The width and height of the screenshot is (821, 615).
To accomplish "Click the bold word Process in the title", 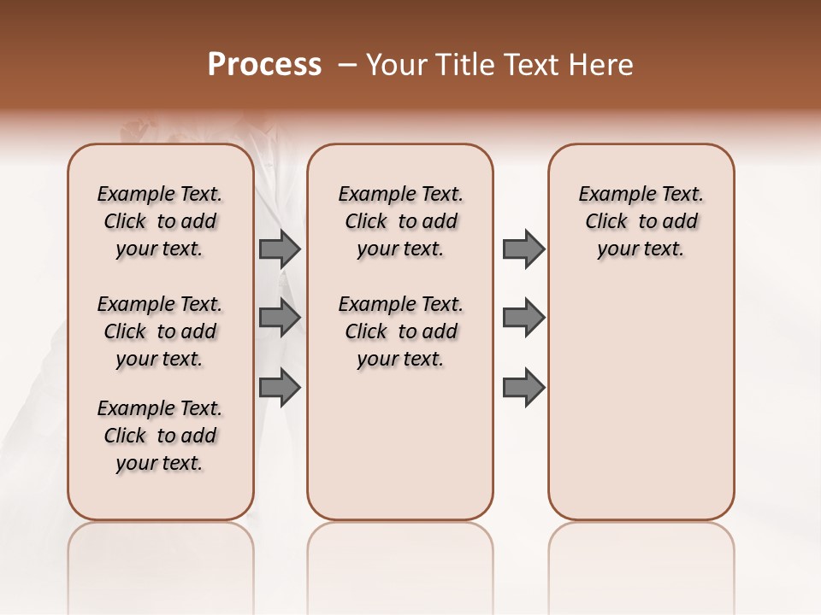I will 264,65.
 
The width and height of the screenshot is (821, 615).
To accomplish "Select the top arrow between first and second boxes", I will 280,249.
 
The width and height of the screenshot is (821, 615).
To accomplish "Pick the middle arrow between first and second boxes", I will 280,318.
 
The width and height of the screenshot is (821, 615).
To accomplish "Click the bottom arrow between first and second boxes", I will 280,388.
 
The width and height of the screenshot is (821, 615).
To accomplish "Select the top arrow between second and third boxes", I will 523,249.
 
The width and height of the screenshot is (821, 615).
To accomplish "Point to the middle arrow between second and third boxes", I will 523,318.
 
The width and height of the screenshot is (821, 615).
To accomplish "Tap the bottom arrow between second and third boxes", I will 523,388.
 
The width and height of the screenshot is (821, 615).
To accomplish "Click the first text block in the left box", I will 160,221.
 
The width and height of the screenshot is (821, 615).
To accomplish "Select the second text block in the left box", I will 160,331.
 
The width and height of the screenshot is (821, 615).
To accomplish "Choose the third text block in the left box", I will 160,436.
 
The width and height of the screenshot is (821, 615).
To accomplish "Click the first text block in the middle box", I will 400,221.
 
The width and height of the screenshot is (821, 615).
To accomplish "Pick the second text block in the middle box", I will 400,331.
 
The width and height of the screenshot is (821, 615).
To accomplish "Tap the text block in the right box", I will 641,221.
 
